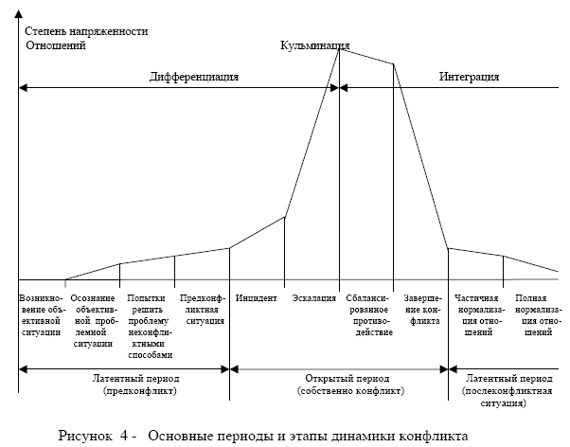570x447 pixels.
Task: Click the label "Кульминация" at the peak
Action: [x=316, y=45]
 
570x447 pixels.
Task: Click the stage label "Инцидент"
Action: [x=257, y=298]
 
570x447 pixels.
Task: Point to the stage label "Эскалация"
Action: [x=314, y=298]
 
